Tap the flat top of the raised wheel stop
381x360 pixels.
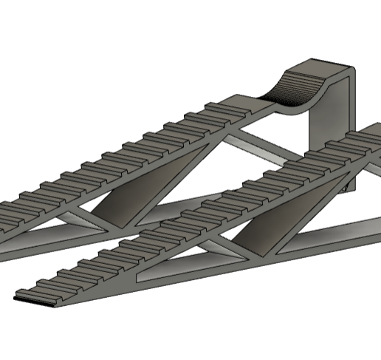324,65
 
